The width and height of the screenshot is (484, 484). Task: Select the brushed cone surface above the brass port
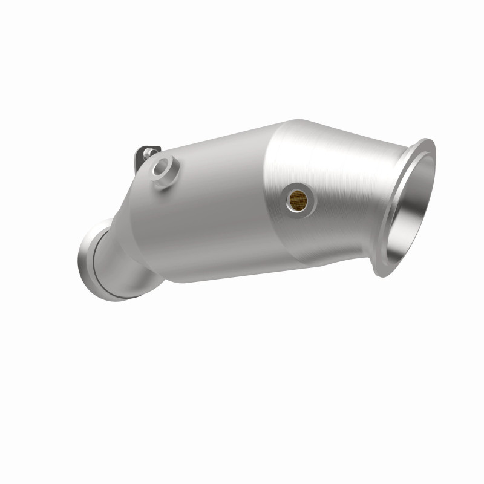coord(315,157)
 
